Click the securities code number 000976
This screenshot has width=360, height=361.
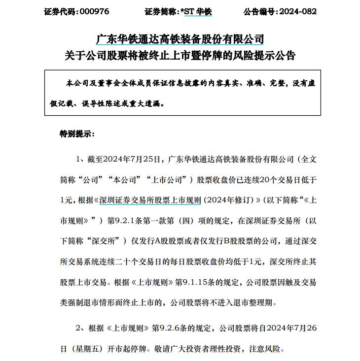click(94, 11)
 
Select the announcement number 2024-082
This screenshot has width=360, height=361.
click(297, 11)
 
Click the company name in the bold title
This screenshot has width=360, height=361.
click(180, 39)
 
